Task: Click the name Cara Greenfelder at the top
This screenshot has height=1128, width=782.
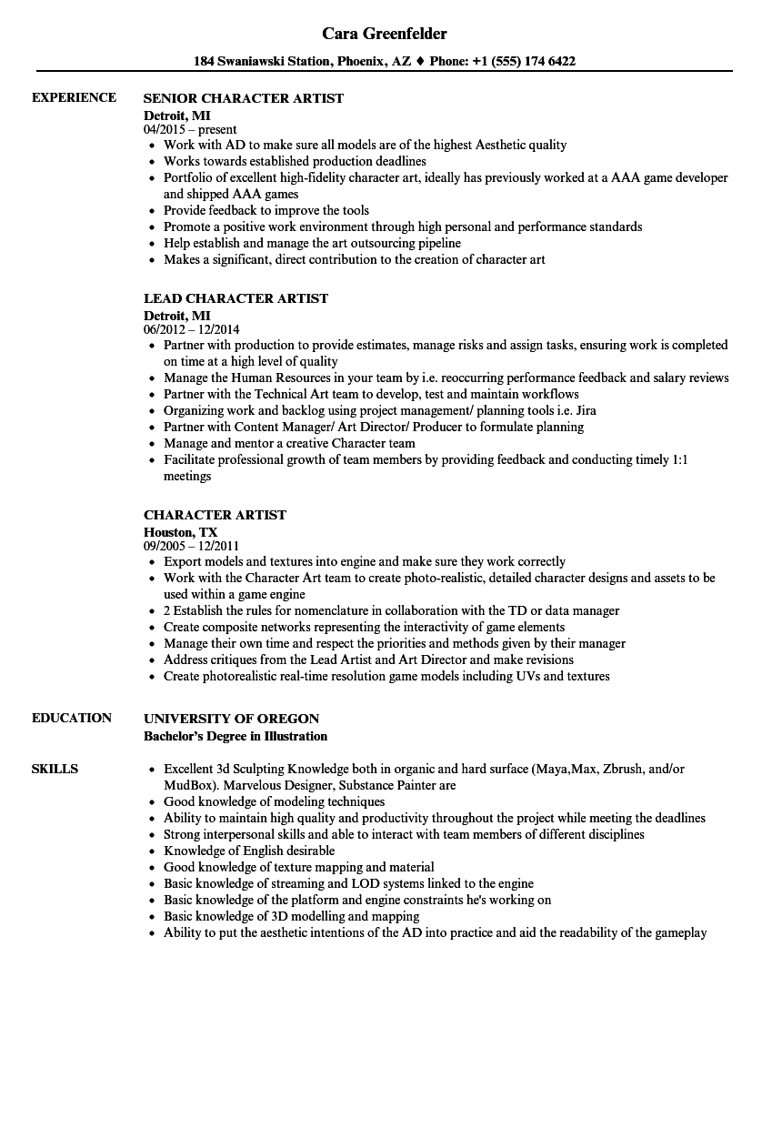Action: coord(385,34)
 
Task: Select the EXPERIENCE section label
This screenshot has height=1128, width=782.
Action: coord(74,97)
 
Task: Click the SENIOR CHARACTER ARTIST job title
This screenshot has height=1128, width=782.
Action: coord(244,98)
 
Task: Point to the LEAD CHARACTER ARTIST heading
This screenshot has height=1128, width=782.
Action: coord(236,298)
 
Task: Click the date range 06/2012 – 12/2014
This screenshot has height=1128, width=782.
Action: coord(191,329)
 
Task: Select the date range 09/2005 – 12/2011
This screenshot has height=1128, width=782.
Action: coord(191,546)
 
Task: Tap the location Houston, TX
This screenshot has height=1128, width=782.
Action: coord(180,531)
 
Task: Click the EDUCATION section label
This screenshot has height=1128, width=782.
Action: coord(72,718)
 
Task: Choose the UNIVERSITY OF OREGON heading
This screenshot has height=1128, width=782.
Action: coord(231,719)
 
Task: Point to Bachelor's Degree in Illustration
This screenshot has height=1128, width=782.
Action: coord(236,735)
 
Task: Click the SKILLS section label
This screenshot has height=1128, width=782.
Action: coord(55,769)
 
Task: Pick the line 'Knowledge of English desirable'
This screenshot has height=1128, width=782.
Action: coord(249,851)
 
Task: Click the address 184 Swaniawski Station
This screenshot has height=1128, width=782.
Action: coord(248,62)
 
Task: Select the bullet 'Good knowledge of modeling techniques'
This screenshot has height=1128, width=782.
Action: coord(274,801)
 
